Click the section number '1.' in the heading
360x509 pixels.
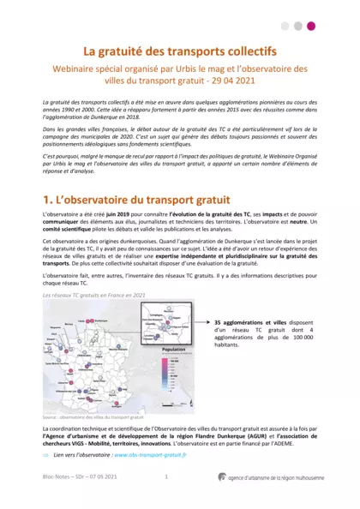(49, 199)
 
